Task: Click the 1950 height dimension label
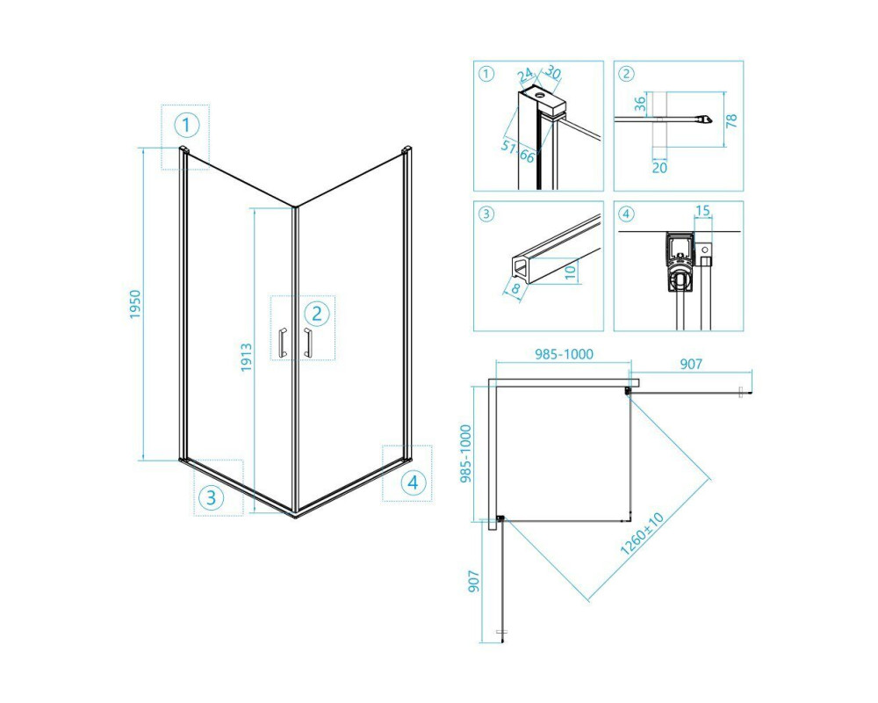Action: point(136,304)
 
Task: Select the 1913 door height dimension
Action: point(247,358)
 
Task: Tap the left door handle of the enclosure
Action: point(283,342)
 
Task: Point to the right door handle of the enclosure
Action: point(307,342)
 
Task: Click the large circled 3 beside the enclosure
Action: point(211,497)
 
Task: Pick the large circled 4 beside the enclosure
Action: point(414,482)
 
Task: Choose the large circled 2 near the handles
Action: point(317,314)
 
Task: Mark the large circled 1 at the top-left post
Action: point(186,125)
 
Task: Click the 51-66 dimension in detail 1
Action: point(519,151)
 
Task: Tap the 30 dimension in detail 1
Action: point(553,72)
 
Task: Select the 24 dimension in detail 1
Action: point(525,75)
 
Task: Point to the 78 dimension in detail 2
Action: point(732,120)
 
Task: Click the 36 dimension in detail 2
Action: point(641,103)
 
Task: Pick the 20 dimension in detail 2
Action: point(659,167)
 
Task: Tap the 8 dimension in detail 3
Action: point(515,290)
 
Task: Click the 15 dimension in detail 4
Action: point(702,211)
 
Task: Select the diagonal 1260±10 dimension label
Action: point(642,533)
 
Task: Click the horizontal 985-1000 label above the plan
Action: point(564,354)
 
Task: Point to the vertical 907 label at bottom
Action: point(474,582)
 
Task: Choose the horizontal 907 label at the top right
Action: point(691,364)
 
